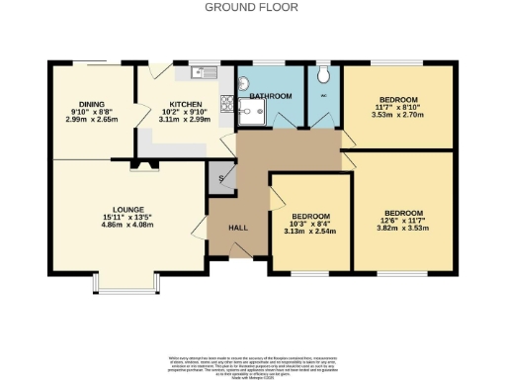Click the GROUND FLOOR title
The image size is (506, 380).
(252, 6)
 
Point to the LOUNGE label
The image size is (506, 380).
(128, 209)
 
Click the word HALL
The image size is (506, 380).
(238, 228)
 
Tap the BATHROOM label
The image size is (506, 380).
(270, 96)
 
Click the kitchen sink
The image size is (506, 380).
(206, 71)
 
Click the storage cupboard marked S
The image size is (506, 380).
(219, 178)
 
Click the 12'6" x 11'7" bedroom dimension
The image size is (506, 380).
(403, 222)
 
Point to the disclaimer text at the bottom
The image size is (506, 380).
(252, 362)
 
